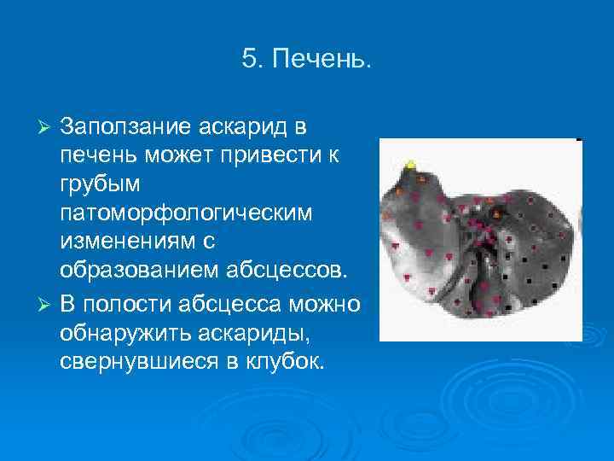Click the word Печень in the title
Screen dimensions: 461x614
click(x=328, y=60)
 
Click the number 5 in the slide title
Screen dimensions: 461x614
click(x=248, y=60)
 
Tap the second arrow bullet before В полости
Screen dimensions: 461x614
click(x=48, y=306)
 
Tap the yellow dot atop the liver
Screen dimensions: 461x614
click(x=411, y=162)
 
